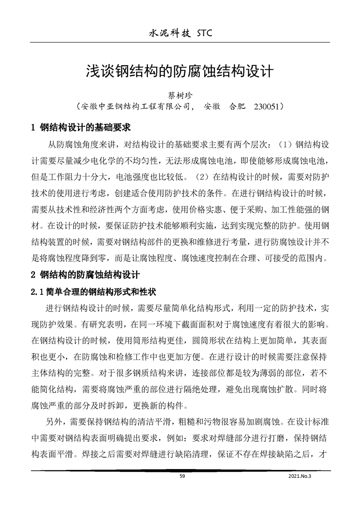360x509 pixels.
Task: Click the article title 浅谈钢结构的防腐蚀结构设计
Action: pyautogui.click(x=179, y=71)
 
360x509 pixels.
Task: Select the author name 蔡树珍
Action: pyautogui.click(x=180, y=96)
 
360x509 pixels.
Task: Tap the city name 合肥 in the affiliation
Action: pyautogui.click(x=238, y=108)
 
